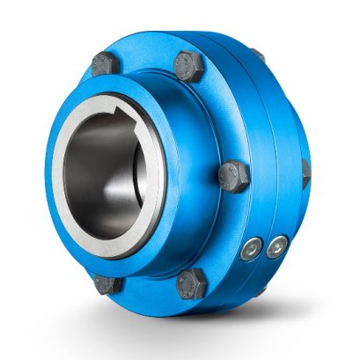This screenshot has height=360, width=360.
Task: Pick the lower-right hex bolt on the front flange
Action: (192, 283)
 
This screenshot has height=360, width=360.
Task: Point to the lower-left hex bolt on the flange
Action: (107, 284)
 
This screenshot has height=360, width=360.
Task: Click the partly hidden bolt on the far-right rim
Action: (305, 169)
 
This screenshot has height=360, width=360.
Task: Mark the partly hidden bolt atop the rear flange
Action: (258, 55)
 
